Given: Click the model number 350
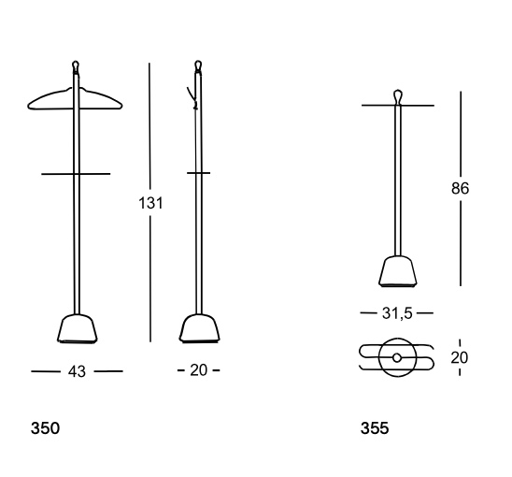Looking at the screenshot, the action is click(x=45, y=428).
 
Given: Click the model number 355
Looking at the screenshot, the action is click(x=375, y=428).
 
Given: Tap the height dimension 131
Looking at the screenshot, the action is click(x=150, y=203).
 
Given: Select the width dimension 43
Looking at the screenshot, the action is click(x=77, y=371).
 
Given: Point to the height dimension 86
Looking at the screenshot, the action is click(x=460, y=188).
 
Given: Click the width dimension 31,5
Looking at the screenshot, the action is click(x=397, y=313).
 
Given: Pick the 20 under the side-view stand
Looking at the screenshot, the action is click(x=198, y=370).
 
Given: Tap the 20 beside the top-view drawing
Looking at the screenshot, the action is click(x=460, y=357).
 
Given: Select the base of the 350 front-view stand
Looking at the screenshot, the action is click(x=78, y=329).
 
